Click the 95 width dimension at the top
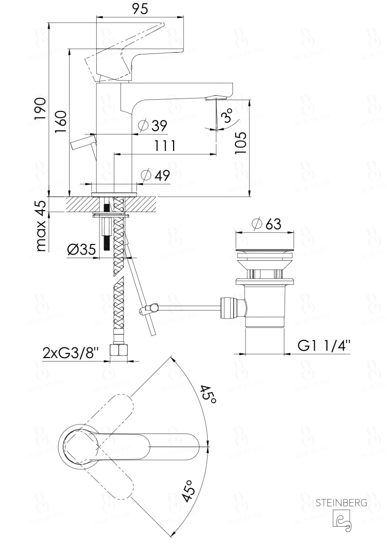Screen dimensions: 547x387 pos(140,9)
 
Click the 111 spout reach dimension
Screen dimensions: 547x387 pos(164,146)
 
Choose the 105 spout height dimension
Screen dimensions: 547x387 pos(241,143)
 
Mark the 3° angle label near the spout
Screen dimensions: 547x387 pos(227,116)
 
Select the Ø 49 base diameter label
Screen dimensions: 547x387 pos(155,175)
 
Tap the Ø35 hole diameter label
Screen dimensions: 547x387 pos(82,250)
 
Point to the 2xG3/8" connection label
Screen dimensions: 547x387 pos(71,353)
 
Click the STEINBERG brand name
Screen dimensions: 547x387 pos(341,503)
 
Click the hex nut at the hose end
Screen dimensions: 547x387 pos(119,351)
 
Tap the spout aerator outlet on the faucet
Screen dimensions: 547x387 pos(216,98)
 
